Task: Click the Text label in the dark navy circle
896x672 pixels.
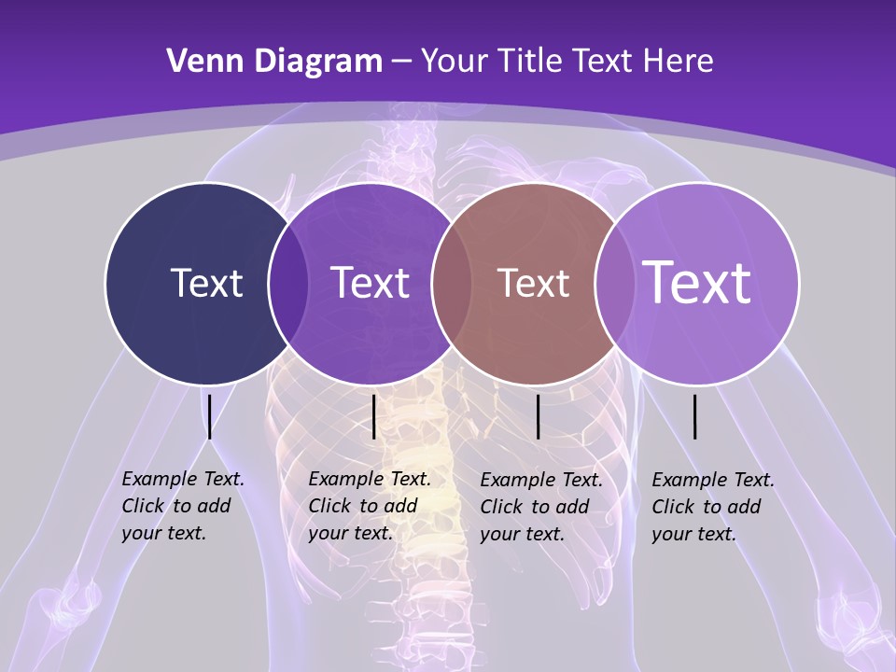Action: click(x=206, y=283)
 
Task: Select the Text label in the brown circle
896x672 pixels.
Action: click(x=533, y=283)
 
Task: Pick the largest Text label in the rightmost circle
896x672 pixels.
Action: click(x=697, y=282)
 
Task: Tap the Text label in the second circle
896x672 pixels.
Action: click(x=370, y=283)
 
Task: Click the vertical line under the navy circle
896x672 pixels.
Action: click(x=210, y=416)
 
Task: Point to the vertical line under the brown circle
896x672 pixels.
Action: click(x=539, y=416)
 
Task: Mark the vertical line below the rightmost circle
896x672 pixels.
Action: click(x=695, y=416)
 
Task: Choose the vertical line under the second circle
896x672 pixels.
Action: click(x=373, y=416)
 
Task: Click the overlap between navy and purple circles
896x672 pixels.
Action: click(x=288, y=283)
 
